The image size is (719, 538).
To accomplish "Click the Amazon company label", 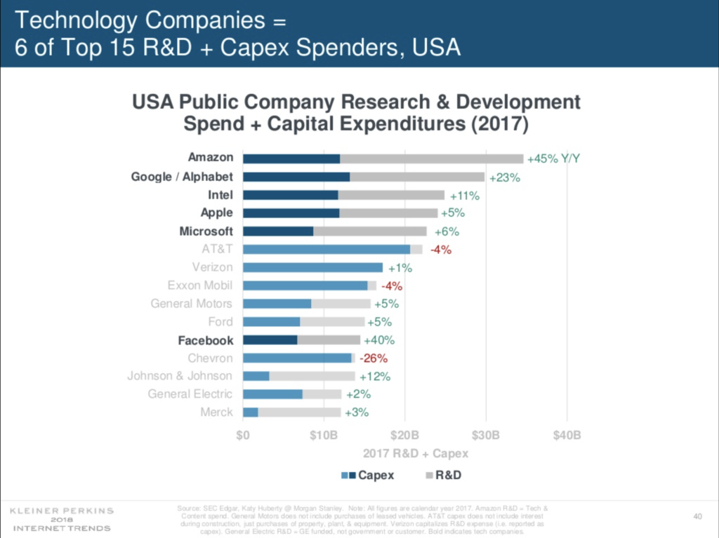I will pos(211,158).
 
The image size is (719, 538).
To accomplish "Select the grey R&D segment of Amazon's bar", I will pos(432,159).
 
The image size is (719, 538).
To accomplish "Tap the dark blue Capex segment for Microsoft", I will pos(278,231).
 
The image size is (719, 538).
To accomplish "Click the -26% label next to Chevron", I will pos(373,358).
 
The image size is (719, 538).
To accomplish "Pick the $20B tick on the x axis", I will pos(404,435).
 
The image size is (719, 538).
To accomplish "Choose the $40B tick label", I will pos(567,435).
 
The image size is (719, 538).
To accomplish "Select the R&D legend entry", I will pos(448,476).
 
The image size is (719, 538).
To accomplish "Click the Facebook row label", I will pos(205,340).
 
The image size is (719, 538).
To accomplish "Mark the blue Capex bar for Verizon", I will pos(312,267).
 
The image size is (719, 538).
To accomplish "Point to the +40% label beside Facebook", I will pos(379,340).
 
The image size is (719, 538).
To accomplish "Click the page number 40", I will pos(698,516).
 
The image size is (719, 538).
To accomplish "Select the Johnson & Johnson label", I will pos(180,376).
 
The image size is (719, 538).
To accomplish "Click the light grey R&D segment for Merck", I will pos(299,412).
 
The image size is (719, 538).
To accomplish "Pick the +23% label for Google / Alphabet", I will pos(504,177).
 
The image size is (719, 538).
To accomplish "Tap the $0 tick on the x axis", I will pos(243,435).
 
